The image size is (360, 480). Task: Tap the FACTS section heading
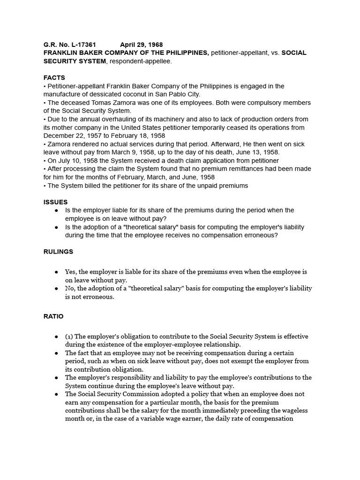point(54,78)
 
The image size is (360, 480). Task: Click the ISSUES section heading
point(56,202)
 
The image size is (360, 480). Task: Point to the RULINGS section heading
point(59,252)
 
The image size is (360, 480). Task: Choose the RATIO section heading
point(53,317)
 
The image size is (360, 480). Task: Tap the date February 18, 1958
point(141,136)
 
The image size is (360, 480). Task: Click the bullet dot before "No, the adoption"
point(57,288)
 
